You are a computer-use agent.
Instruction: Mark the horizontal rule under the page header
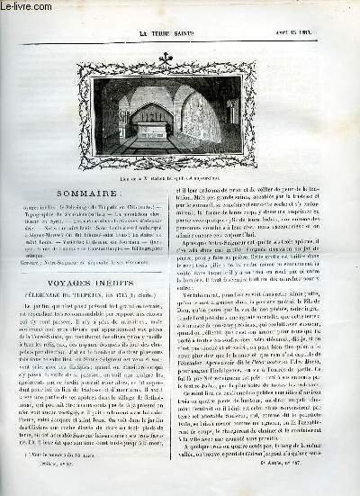click(x=180, y=20)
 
